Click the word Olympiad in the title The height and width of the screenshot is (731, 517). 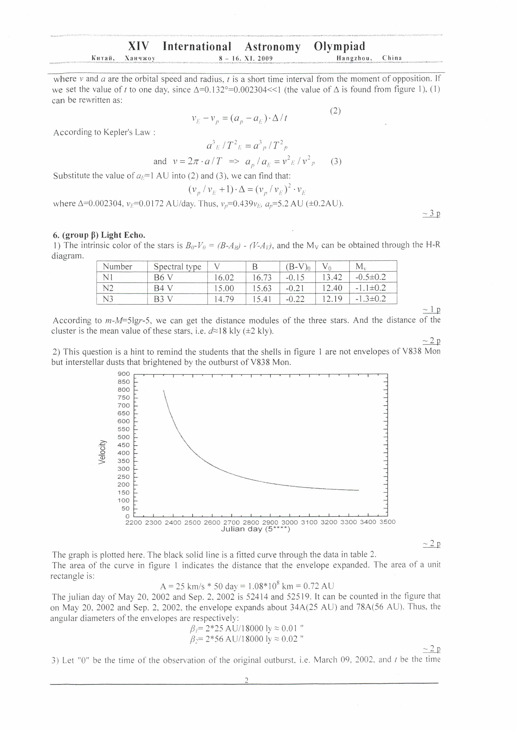[339, 46]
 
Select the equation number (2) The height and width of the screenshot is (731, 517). [335, 111]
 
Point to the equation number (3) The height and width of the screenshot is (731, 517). [336, 162]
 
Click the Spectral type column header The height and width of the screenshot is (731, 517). [177, 267]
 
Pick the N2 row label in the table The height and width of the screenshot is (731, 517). [108, 288]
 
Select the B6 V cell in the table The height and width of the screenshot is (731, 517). [163, 278]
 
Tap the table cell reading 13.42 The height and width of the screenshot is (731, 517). [332, 278]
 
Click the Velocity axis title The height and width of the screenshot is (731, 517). [102, 452]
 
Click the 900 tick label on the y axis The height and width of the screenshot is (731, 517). [124, 374]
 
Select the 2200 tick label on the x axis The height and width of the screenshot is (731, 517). [134, 522]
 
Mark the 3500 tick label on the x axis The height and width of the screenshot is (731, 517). [387, 522]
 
